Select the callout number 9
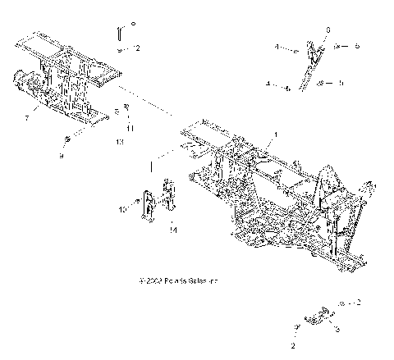point(61,154)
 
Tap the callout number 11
point(130,128)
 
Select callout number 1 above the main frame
point(276,134)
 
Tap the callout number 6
point(328,30)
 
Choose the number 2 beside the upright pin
point(137,48)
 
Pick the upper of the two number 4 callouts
point(277,48)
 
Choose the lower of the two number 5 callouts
point(341,82)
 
